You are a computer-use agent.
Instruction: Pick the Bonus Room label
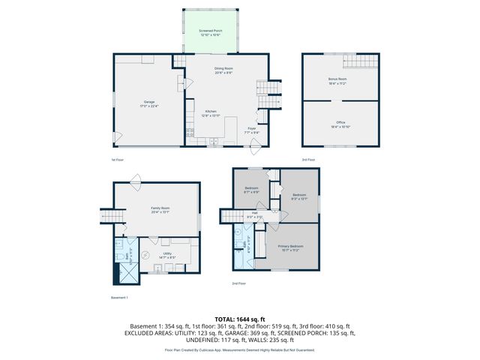(337, 80)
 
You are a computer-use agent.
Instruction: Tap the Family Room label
(157, 210)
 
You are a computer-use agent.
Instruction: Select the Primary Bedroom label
(291, 247)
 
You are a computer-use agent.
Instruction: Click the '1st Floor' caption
(117, 160)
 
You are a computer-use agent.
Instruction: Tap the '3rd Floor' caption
(308, 160)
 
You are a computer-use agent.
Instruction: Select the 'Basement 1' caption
(119, 298)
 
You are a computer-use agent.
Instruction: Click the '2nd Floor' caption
(239, 283)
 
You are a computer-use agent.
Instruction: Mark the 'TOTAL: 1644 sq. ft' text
(239, 320)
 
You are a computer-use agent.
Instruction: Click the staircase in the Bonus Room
(363, 62)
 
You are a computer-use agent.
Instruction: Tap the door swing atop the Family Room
(136, 178)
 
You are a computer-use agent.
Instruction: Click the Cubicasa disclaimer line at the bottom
(239, 349)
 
